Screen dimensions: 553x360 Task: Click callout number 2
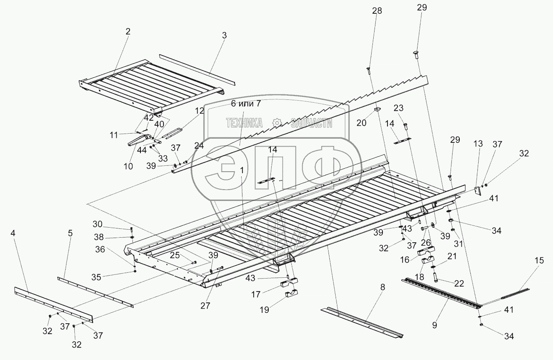point(128,31)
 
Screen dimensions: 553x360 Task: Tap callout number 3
point(224,35)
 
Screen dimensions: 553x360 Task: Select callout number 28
point(377,11)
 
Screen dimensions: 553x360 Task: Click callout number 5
point(71,233)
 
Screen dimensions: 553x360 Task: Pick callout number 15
point(539,260)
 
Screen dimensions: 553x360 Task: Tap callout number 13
point(478,144)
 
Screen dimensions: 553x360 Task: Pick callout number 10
point(128,166)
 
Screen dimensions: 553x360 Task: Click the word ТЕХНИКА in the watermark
point(244,123)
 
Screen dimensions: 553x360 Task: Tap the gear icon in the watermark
point(276,123)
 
